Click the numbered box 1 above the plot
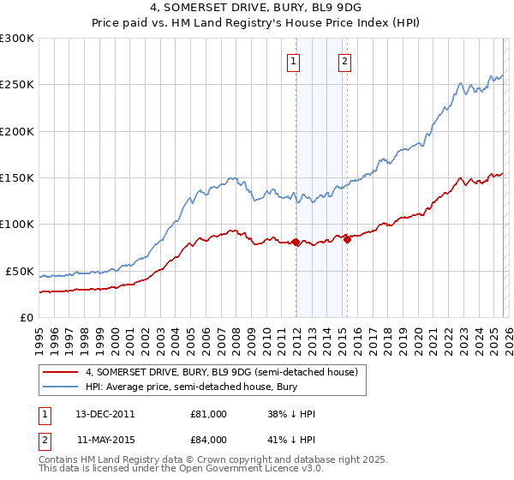tap(294, 61)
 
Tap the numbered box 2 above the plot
tap(344, 61)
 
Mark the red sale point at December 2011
tap(296, 242)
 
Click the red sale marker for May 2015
tap(347, 239)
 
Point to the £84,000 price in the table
tap(208, 439)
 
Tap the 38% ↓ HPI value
tap(291, 414)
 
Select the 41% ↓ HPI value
tap(291, 439)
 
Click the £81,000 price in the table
tap(208, 414)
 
